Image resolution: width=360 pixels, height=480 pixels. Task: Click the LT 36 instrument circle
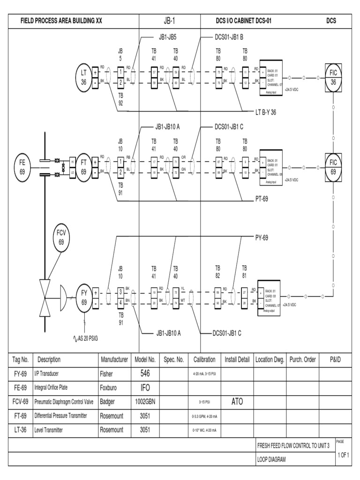84,76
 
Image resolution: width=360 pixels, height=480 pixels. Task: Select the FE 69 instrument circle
22,166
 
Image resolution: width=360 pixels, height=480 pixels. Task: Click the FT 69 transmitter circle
84,166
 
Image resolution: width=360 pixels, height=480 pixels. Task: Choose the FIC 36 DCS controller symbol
333,76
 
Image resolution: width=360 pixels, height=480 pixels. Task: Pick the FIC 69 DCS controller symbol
333,166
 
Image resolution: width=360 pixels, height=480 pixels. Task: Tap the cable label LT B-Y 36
265,112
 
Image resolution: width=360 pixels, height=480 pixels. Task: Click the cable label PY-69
262,237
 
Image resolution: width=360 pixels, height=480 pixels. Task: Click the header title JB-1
170,21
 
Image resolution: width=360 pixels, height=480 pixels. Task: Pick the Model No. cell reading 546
145,374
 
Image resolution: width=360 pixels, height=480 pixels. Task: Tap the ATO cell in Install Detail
237,402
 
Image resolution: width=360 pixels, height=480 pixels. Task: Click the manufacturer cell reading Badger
107,402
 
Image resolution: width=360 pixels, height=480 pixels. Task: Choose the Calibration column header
204,360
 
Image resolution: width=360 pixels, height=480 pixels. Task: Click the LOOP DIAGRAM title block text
271,459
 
